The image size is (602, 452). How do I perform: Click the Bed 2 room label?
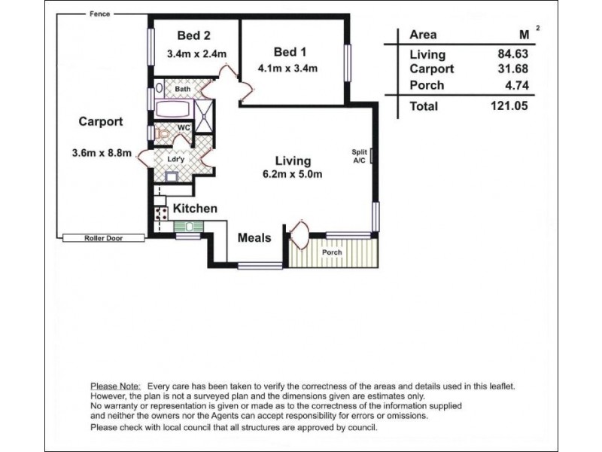pos(194,35)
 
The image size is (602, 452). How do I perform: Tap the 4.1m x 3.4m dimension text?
pos(287,69)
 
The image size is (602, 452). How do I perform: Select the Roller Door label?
pos(104,238)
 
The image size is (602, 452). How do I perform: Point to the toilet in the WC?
pos(163,133)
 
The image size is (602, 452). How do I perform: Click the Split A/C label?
pos(360,156)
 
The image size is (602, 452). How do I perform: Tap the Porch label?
pos(332,252)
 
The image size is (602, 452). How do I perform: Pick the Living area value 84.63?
pos(513,53)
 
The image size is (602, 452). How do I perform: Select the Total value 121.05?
pos(509,105)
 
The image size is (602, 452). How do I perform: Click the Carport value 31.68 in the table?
pos(513,69)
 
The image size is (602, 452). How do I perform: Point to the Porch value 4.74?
pos(517,85)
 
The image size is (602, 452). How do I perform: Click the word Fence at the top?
pos(100,14)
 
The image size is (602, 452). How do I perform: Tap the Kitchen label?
pos(195,209)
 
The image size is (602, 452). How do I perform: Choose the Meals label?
pos(254,237)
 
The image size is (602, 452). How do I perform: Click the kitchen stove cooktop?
pos(161,213)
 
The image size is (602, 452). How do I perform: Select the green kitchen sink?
pos(188,227)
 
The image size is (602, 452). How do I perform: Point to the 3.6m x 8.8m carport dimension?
pos(102,153)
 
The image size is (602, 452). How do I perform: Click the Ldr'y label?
pos(176,159)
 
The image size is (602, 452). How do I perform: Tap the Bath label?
pos(182,89)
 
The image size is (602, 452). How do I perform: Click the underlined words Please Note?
pos(115,386)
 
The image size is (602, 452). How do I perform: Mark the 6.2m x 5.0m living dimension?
pos(292,174)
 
